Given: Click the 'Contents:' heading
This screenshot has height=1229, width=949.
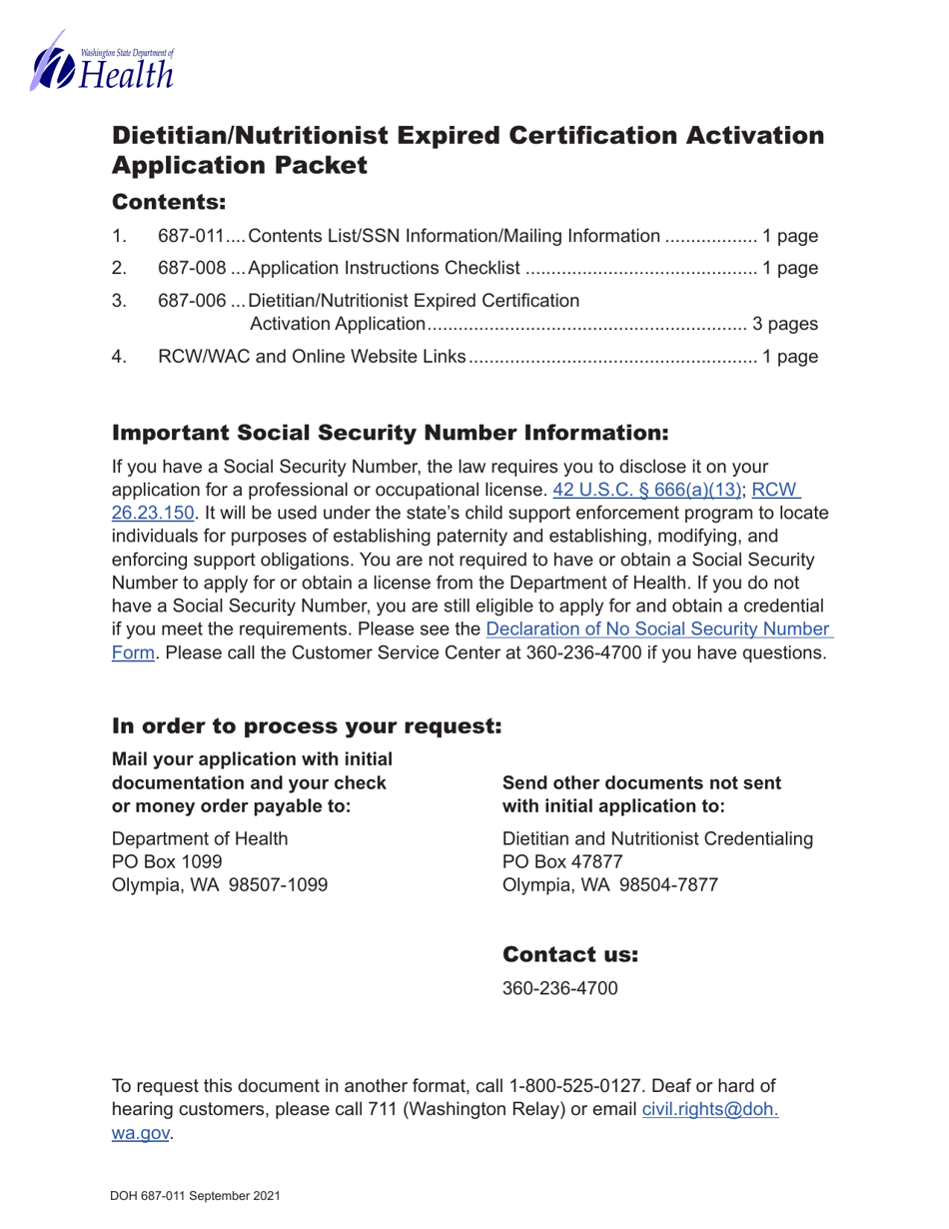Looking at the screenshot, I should [169, 202].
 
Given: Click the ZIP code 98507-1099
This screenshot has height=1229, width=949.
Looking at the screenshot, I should [281, 884].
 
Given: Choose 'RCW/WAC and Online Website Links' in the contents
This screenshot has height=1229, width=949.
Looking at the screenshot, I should [313, 355].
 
